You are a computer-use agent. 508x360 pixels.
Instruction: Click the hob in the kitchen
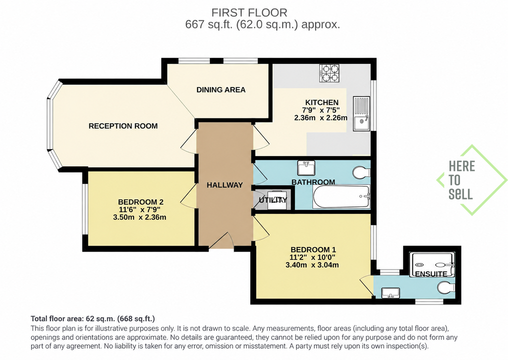(329, 73)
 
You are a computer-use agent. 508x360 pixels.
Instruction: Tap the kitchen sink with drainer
(361, 113)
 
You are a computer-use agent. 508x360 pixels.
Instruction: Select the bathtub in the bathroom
(341, 196)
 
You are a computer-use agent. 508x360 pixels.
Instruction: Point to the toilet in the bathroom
(361, 172)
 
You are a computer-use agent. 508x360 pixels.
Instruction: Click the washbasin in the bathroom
(306, 168)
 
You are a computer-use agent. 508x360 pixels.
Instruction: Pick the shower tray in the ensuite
(432, 264)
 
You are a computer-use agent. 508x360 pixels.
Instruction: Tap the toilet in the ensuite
(446, 287)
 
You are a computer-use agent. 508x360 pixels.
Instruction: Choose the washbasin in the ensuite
(390, 293)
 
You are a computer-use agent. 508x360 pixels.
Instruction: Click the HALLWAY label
(225, 185)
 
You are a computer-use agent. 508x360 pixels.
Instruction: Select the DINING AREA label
(221, 90)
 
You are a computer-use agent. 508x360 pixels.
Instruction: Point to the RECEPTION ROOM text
(123, 126)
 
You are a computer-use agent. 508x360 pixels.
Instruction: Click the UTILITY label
(273, 200)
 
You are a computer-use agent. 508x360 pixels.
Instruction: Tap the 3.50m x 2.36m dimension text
(139, 217)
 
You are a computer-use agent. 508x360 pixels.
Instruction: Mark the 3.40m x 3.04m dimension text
(312, 265)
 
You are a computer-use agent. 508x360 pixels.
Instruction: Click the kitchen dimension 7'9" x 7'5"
(320, 110)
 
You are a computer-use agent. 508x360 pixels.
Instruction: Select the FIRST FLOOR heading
(249, 12)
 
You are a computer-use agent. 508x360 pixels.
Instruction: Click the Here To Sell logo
(471, 180)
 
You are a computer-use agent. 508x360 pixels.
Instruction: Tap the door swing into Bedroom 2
(188, 194)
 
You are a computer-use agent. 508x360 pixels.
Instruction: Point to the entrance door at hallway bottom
(222, 241)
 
